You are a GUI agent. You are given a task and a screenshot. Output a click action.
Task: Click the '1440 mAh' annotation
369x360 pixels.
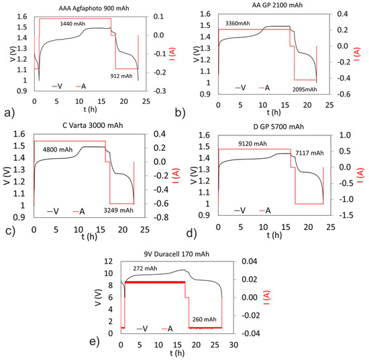coord(74,23)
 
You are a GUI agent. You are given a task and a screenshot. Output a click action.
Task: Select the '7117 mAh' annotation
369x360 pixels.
coord(308,153)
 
